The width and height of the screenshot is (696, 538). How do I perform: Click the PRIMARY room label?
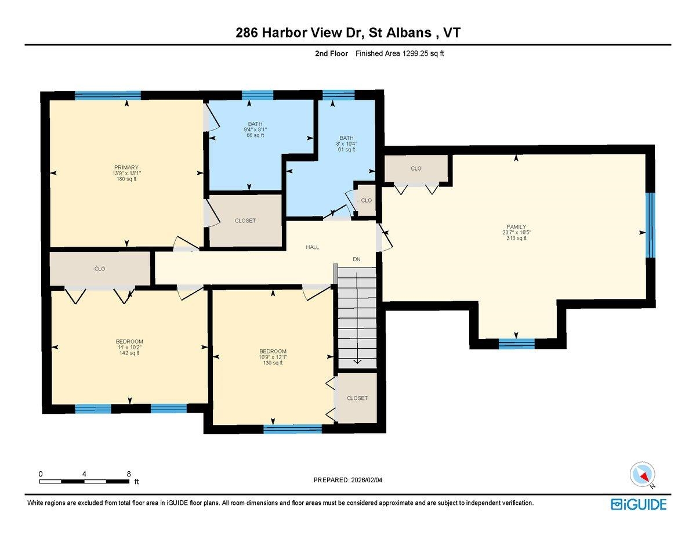[x=126, y=167]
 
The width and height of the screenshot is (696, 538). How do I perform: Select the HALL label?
[x=313, y=247]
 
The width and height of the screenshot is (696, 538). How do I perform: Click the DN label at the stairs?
[x=357, y=259]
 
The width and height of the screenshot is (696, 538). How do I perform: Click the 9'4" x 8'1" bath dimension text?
[x=256, y=129]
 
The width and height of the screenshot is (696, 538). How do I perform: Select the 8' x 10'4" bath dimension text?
[x=347, y=143]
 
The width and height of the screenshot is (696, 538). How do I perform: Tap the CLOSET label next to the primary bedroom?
[x=245, y=221]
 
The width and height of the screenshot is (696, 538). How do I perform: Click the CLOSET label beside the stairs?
[x=357, y=398]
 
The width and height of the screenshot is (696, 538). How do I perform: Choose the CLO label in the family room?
[x=416, y=168]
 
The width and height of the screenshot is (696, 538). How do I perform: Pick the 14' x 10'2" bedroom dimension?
[x=129, y=347]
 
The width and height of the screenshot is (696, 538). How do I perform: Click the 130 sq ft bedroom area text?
[x=273, y=363]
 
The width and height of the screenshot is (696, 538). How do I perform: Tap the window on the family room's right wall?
[x=650, y=225]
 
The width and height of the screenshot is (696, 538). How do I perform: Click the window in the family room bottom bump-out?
[x=516, y=343]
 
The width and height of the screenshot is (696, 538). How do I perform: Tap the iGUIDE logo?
[x=639, y=504]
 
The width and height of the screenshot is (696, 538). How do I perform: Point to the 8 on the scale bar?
[x=128, y=474]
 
